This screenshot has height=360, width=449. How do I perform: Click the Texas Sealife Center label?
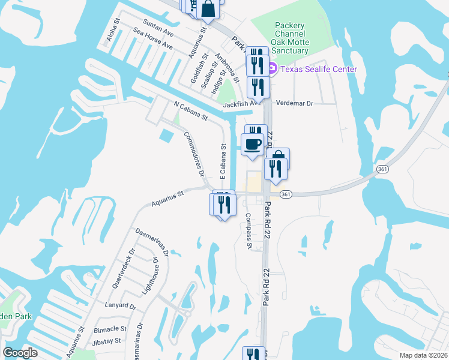(x=318, y=69)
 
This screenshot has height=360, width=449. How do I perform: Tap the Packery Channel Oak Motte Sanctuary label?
(x=291, y=38)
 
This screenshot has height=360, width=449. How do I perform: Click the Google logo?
(x=20, y=353)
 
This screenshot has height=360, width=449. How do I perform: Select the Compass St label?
(x=249, y=230)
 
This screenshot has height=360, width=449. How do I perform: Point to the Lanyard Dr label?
(x=120, y=305)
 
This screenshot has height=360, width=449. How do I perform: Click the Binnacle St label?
(x=110, y=329)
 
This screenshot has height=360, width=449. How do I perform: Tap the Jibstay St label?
(x=109, y=341)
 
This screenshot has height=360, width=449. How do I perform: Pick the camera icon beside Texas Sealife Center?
(x=271, y=68)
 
